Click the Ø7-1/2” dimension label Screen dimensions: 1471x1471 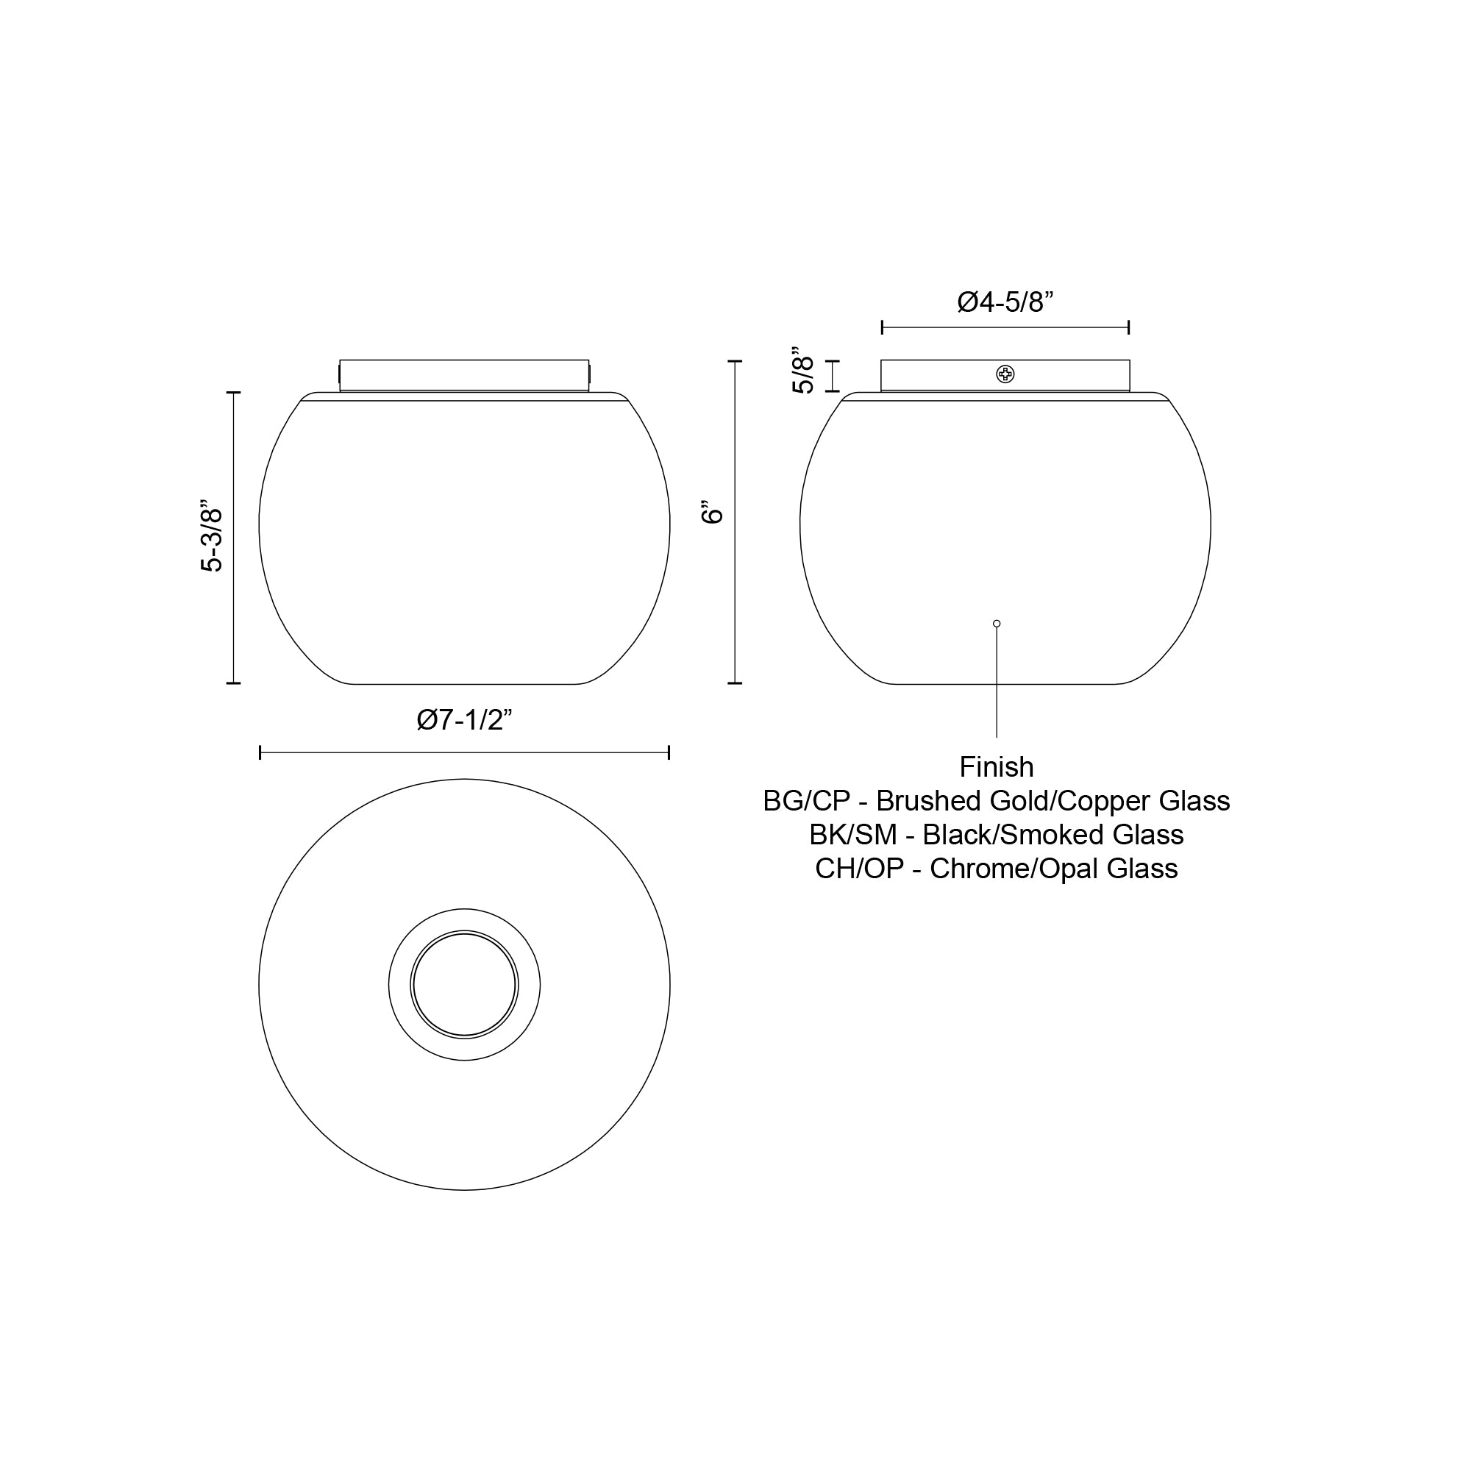(x=464, y=719)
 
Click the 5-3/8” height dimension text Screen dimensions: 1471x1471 (x=212, y=537)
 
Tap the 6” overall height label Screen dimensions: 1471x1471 (x=713, y=513)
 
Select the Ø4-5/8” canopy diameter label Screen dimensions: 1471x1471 (x=1005, y=302)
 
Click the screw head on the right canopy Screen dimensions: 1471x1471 (x=1005, y=374)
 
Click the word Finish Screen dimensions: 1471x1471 (x=996, y=766)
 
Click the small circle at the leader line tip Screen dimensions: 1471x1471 (x=997, y=624)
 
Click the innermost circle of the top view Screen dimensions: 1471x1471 (x=464, y=985)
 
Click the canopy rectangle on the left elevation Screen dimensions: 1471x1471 (x=464, y=375)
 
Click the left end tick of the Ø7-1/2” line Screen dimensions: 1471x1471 (x=260, y=753)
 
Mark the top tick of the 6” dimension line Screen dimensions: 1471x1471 (x=735, y=362)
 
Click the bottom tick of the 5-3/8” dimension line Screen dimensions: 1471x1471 (x=234, y=683)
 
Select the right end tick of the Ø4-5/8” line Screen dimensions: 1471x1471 (x=1128, y=327)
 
